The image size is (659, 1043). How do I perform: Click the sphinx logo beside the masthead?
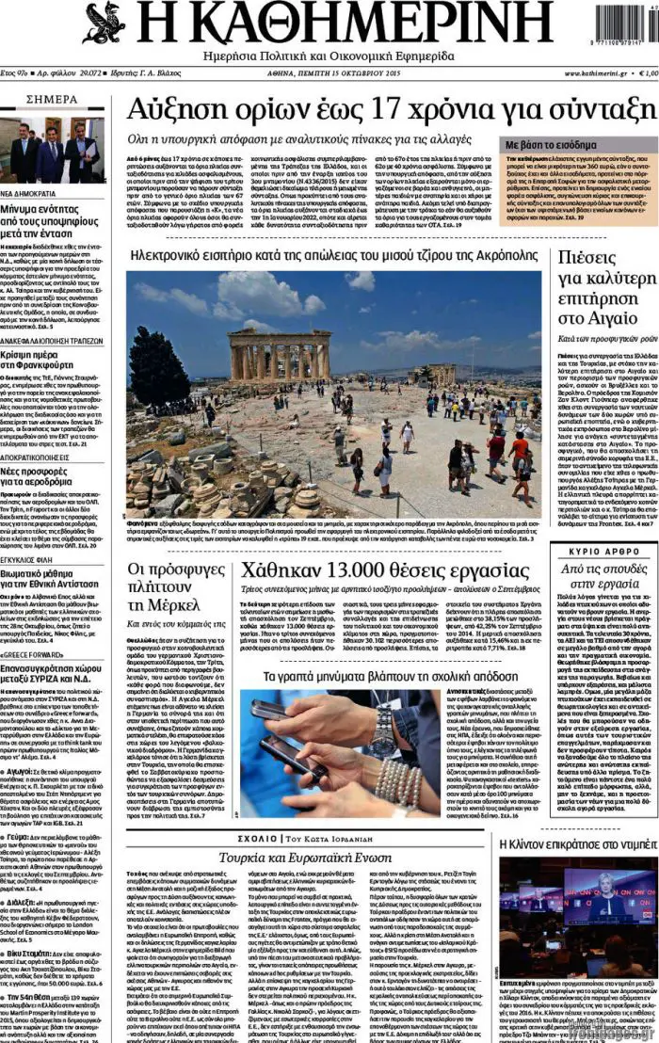tap(104, 23)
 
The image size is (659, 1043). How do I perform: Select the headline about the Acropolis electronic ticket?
tap(334, 255)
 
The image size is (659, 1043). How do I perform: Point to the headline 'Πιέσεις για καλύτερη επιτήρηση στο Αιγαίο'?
tap(600, 290)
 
